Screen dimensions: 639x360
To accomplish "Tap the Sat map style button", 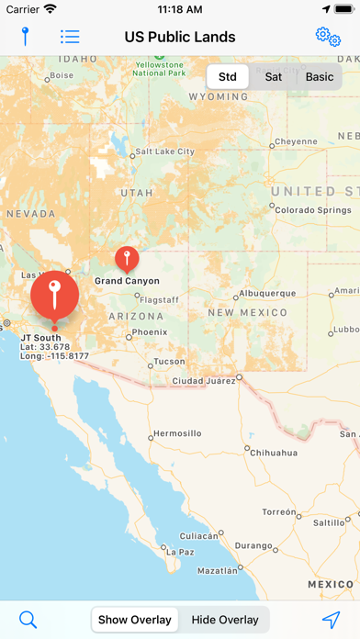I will (274, 76).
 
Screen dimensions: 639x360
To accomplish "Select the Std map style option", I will (227, 76).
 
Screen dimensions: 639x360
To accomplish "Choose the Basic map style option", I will (320, 76).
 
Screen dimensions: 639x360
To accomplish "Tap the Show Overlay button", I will (135, 620).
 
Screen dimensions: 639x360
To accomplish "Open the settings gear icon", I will (327, 37).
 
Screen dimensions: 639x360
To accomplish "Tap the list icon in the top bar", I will (70, 37).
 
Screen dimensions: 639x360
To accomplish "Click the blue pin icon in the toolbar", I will (26, 37).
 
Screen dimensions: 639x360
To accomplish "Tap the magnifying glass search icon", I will (28, 620).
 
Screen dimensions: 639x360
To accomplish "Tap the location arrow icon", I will (331, 620).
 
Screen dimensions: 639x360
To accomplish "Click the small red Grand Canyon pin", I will (127, 258).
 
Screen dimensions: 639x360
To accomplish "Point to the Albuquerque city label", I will (267, 293).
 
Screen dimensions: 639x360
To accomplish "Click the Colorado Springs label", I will (308, 208).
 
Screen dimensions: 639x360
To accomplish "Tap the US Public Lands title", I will (180, 37).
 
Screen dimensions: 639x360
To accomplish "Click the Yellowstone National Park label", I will (158, 68).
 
